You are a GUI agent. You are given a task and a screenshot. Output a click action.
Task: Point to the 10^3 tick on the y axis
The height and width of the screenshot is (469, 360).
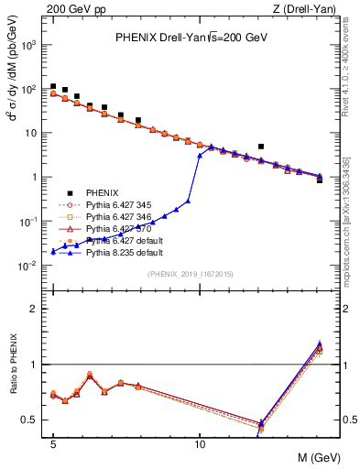32,45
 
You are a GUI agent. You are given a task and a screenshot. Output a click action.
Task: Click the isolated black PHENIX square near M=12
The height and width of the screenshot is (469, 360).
261,146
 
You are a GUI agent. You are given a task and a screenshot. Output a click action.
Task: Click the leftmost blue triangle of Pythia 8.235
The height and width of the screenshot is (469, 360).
53,251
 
